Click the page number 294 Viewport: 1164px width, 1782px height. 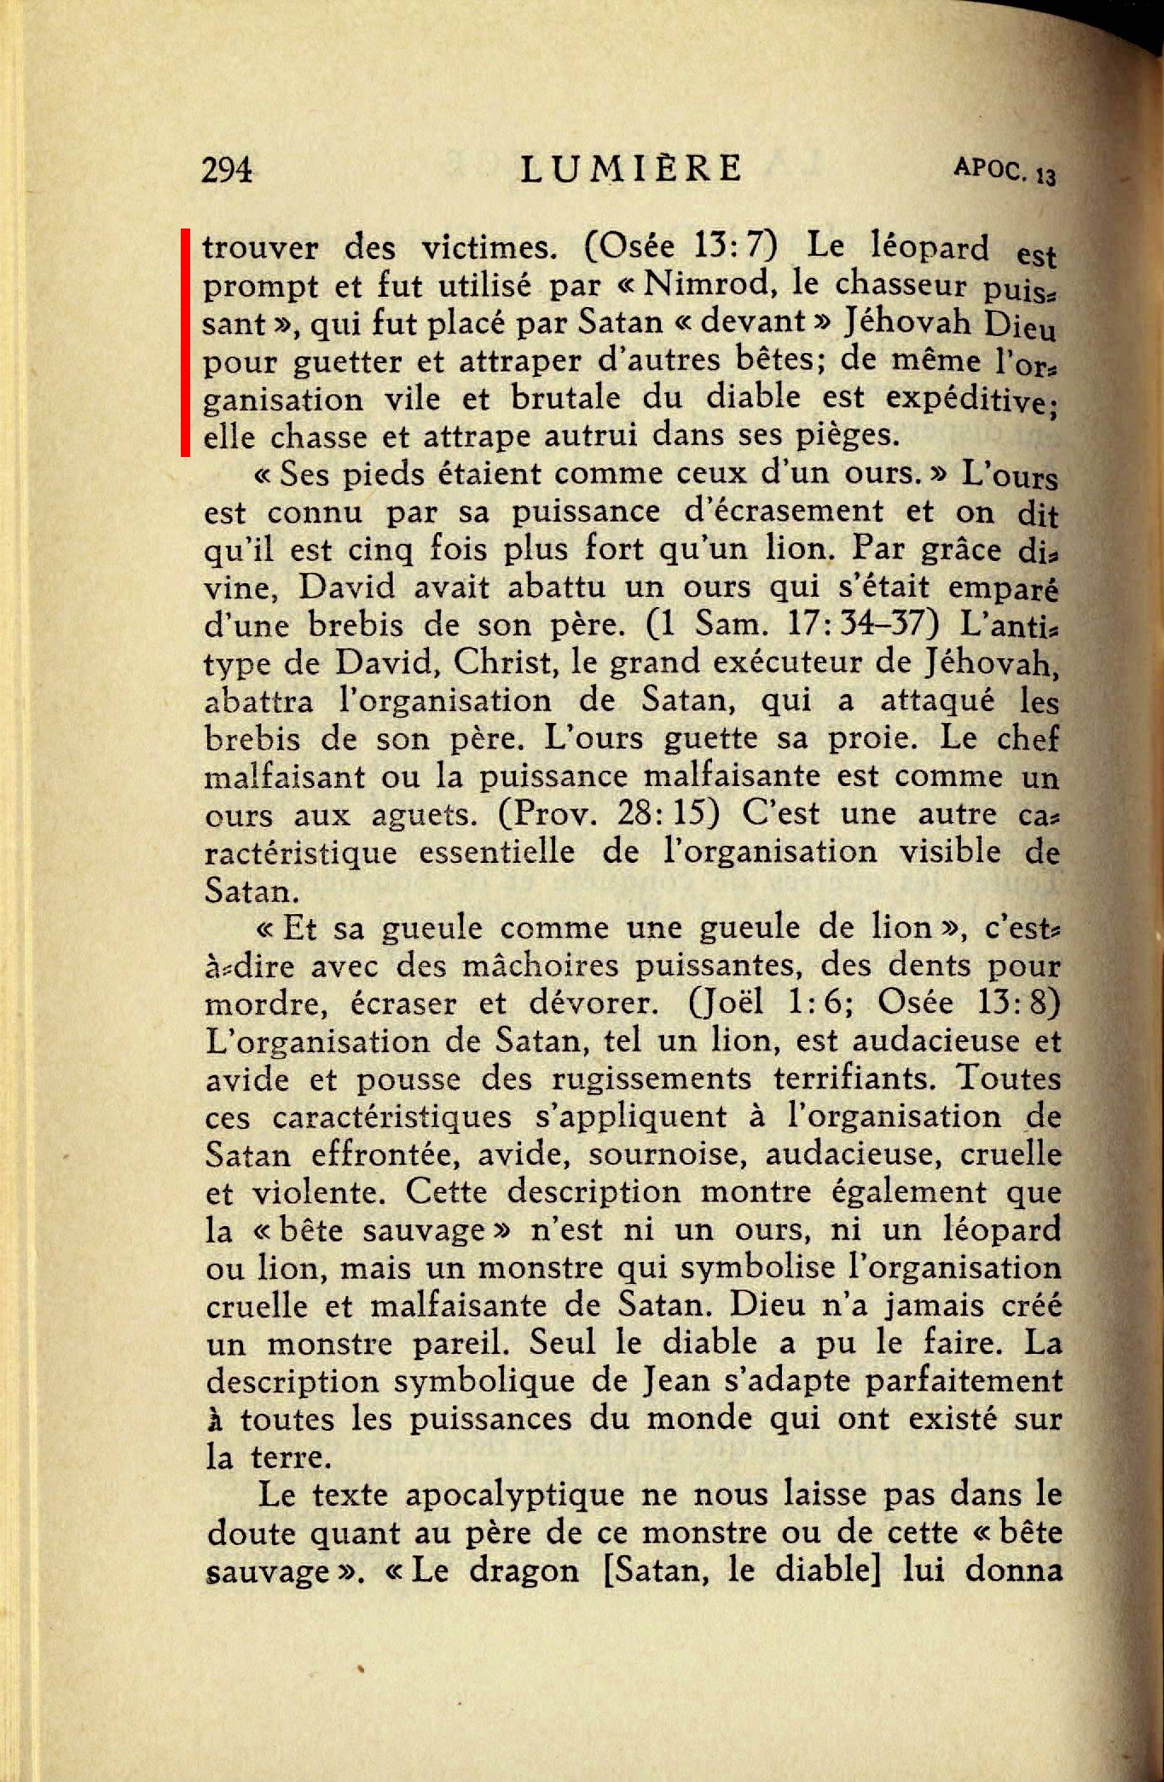(228, 171)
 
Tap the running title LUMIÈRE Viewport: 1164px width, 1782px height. (631, 169)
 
